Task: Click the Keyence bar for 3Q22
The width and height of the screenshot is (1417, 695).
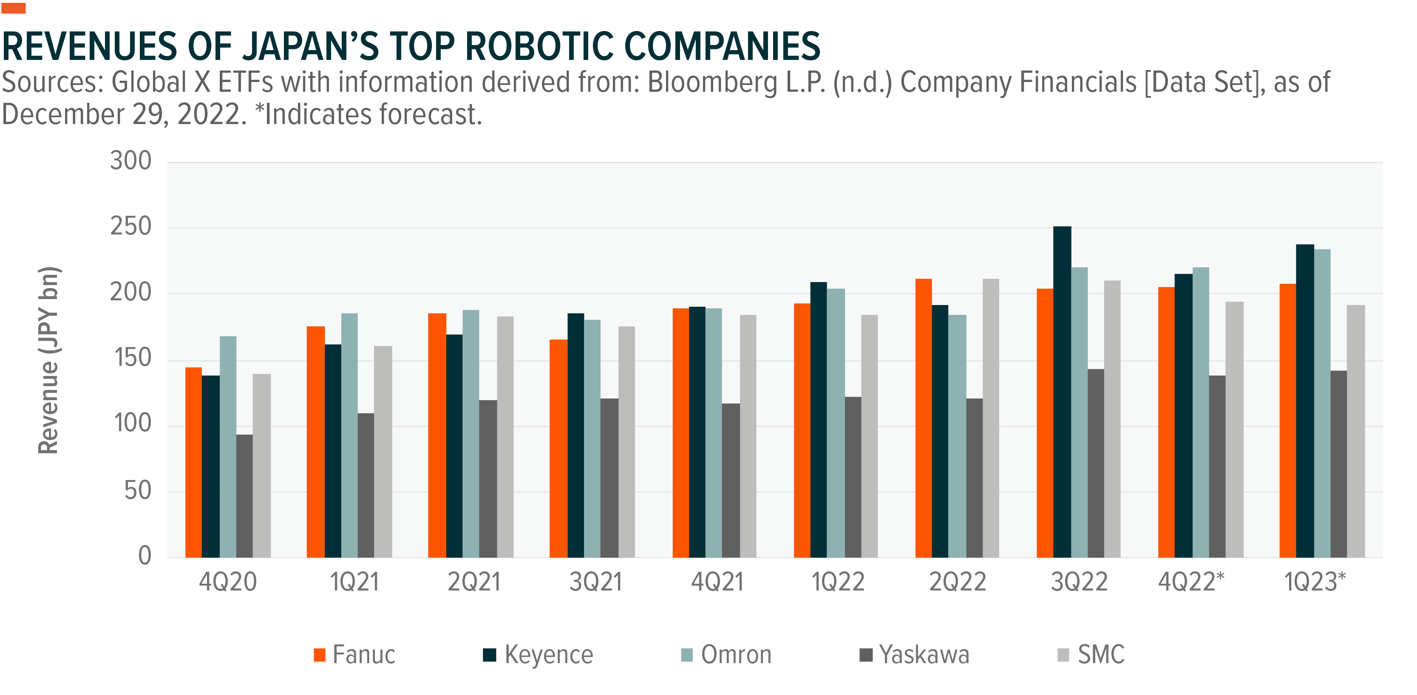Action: (x=1062, y=392)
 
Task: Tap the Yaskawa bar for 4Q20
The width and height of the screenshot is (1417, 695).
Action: (x=244, y=496)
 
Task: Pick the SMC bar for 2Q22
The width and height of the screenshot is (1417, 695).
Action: (x=991, y=418)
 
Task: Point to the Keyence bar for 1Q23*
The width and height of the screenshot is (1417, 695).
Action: (x=1305, y=401)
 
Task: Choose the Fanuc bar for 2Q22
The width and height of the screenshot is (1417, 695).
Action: (x=923, y=418)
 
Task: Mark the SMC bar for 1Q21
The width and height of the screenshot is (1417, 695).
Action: (x=383, y=452)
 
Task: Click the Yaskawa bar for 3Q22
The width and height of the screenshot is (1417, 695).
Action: (x=1095, y=463)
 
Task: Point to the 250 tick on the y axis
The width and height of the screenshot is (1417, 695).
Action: (x=130, y=226)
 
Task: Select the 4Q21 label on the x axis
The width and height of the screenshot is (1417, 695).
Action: (x=717, y=582)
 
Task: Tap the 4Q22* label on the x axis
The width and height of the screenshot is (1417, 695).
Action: (x=1191, y=582)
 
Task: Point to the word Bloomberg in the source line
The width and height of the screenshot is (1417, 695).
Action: (x=712, y=82)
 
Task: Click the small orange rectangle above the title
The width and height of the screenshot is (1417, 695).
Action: (x=13, y=8)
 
